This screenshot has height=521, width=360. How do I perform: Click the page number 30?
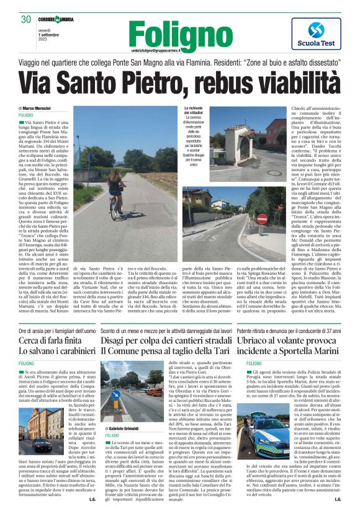[x=26, y=19]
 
